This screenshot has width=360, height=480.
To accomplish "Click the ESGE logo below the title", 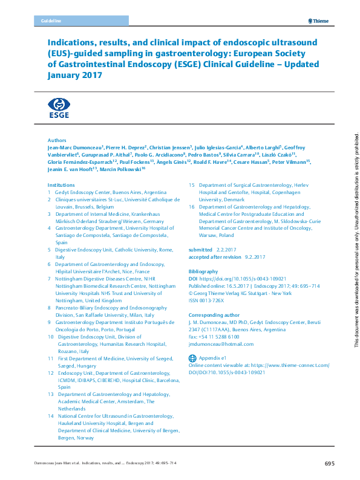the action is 59,106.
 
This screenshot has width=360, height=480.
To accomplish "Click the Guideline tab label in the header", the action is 51,21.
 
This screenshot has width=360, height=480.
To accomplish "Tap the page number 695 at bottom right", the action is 329,464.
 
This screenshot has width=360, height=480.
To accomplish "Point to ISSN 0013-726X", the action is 207,301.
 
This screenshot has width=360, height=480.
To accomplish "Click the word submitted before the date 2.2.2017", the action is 200,249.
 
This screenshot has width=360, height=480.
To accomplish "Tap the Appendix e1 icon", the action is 192,358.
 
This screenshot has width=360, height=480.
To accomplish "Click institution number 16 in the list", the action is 192,206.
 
